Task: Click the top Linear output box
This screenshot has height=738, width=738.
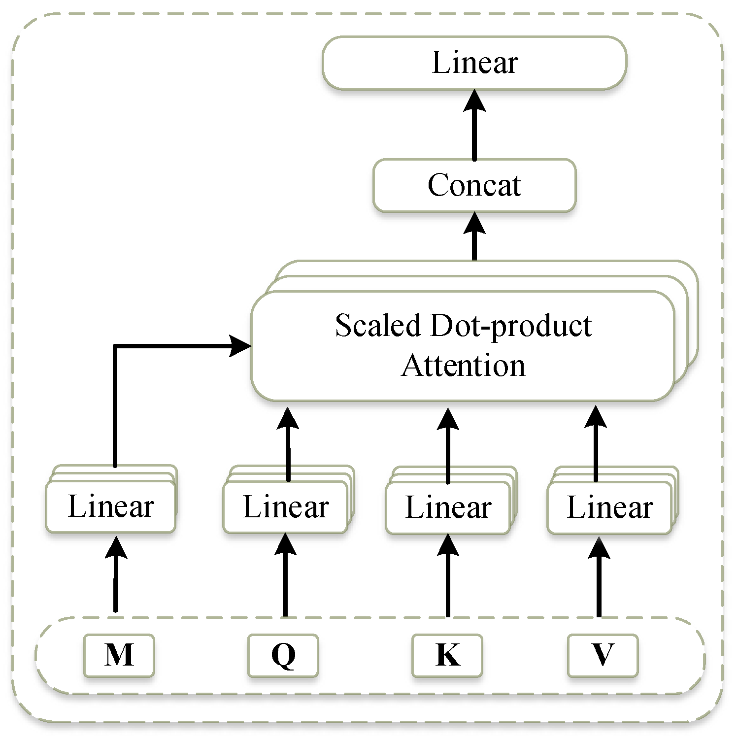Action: point(474,63)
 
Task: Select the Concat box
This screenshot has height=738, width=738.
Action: point(474,186)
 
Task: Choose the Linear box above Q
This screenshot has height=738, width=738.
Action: point(286,507)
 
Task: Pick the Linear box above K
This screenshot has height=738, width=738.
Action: point(448,508)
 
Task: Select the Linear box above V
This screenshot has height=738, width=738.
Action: point(609,508)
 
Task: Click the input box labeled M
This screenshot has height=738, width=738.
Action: point(119,655)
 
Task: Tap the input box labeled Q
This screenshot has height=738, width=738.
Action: point(283,655)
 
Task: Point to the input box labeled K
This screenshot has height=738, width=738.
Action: point(447,655)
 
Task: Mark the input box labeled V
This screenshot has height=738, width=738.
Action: point(603,655)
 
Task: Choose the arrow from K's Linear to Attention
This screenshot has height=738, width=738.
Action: point(448,443)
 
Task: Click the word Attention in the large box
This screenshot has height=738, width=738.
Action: point(463,366)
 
